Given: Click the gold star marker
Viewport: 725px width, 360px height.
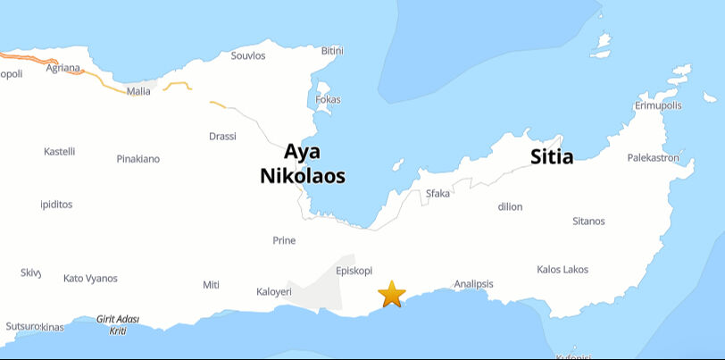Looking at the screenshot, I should click(x=391, y=294).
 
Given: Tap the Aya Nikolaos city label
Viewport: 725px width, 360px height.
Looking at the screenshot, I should click(x=303, y=164).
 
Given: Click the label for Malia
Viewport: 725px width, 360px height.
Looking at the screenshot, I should click(x=139, y=91).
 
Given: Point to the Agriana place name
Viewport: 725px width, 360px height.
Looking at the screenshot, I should click(x=63, y=68).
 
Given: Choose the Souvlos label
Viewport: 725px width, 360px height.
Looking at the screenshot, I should click(x=248, y=55).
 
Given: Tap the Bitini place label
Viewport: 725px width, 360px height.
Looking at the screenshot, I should click(x=332, y=51).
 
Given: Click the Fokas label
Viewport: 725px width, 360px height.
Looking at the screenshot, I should click(x=328, y=100).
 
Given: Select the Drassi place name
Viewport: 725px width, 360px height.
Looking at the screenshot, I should click(x=222, y=137).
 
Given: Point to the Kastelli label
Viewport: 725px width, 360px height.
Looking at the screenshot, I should click(x=60, y=152).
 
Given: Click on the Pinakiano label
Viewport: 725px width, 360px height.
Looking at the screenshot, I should click(x=138, y=159).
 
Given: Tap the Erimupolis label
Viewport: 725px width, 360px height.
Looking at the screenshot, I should click(x=658, y=105).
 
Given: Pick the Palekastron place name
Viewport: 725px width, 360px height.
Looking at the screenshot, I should click(x=653, y=158).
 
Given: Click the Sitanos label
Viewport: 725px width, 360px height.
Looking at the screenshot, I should click(x=588, y=222).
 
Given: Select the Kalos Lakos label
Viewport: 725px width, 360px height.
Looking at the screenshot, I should click(x=562, y=269).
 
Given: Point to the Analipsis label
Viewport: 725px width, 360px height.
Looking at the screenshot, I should click(x=473, y=284).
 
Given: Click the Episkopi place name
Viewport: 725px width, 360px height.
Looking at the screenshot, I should click(x=354, y=271).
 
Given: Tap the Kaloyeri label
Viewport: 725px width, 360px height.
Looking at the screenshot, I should click(x=274, y=291).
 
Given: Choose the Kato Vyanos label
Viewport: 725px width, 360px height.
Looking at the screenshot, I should click(x=90, y=279).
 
